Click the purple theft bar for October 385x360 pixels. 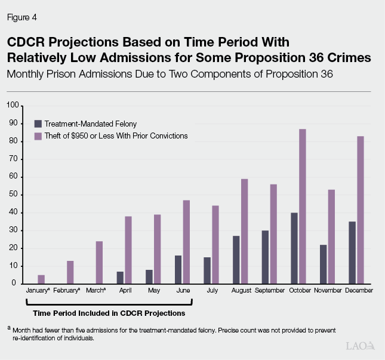(x=303, y=206)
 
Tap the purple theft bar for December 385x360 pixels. (x=361, y=210)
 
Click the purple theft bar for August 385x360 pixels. (x=245, y=231)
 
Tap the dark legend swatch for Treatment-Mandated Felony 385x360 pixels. (x=38, y=124)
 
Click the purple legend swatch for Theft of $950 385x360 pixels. (x=38, y=136)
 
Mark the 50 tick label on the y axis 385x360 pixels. (x=14, y=195)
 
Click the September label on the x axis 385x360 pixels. (x=269, y=290)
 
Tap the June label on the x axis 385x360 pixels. (x=183, y=290)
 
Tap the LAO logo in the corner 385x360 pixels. (x=360, y=346)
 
